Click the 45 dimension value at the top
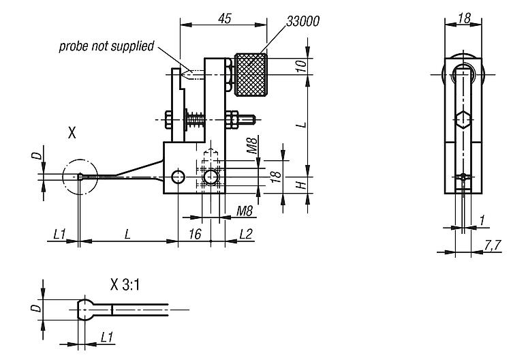pos(223,18)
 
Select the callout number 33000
pos(303,21)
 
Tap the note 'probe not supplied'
pos(106,46)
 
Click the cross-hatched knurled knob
pos(251,74)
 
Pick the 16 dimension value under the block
pos(194,234)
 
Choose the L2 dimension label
pos(247,234)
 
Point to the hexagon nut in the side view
pos(463,120)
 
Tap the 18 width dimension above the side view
pos(463,18)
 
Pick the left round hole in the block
pos(179,178)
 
